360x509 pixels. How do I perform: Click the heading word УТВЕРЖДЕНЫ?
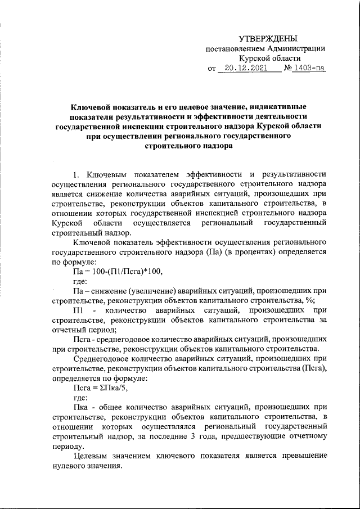(x=268, y=38)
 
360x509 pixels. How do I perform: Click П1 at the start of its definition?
(x=79, y=310)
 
